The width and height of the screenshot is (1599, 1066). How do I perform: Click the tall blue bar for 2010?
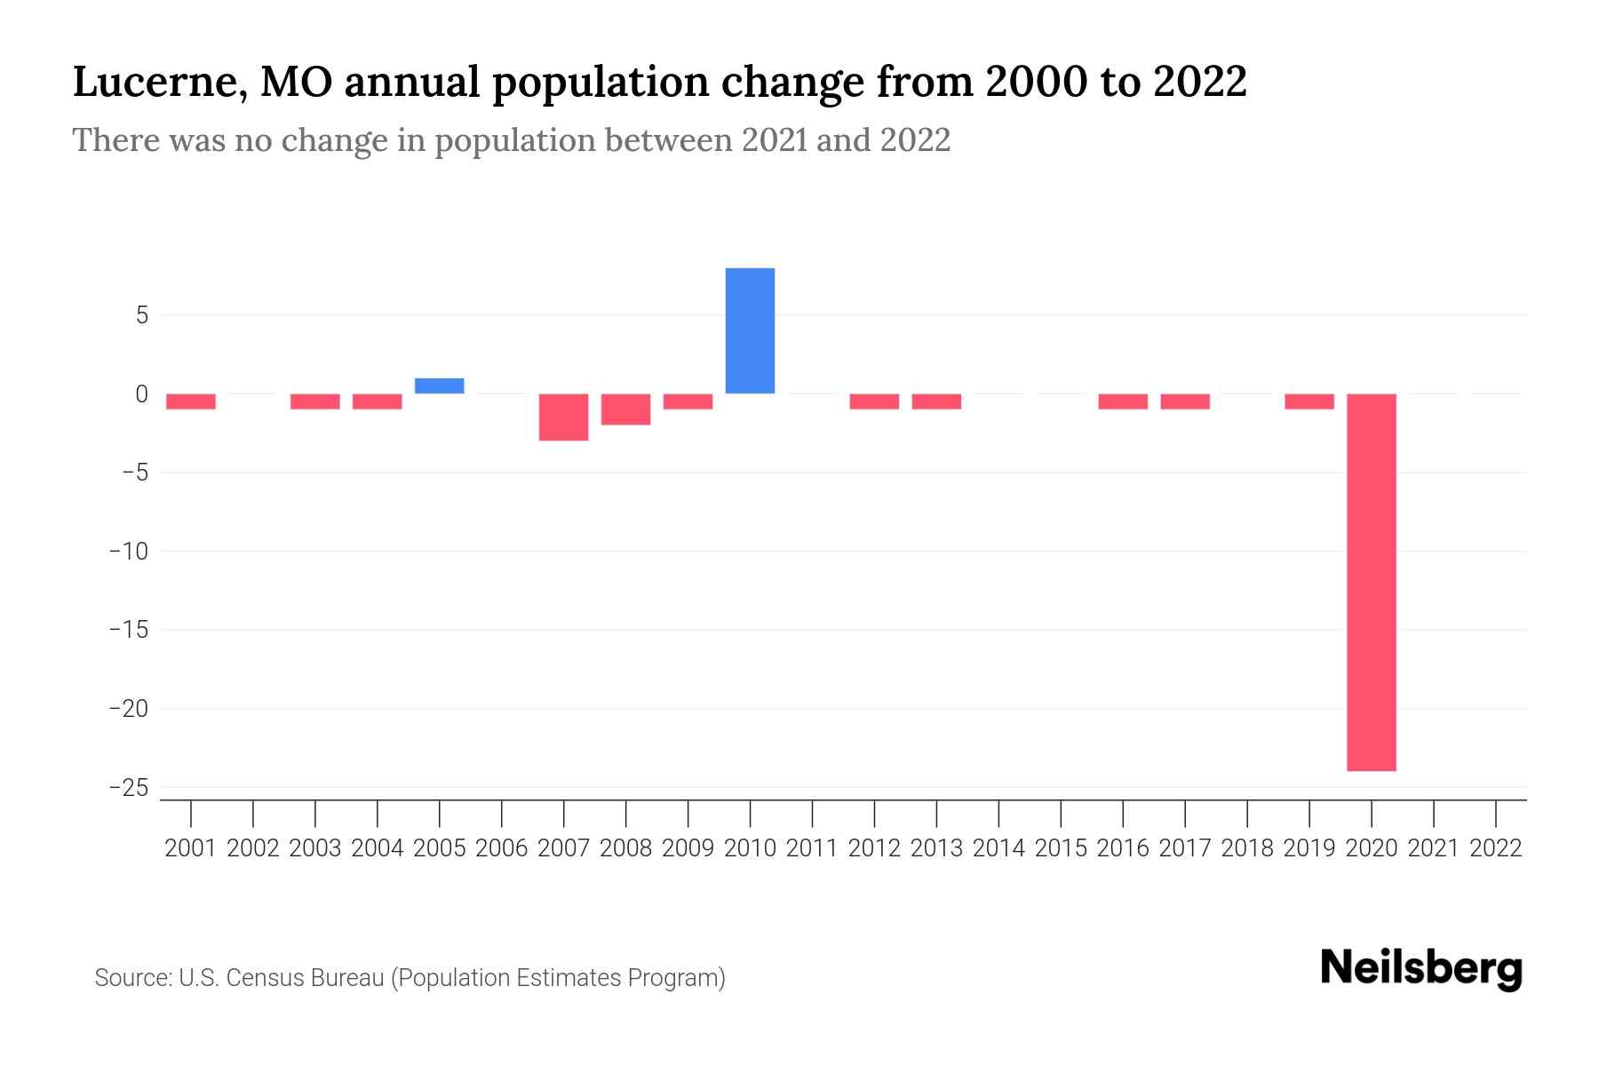point(750,330)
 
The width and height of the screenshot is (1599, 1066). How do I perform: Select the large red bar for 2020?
point(1372,582)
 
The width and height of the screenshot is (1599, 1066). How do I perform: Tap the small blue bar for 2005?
point(440,386)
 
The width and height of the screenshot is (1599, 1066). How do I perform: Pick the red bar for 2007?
point(564,417)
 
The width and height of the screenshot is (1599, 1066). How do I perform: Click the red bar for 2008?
point(626,410)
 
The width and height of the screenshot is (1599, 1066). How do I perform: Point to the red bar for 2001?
point(191,402)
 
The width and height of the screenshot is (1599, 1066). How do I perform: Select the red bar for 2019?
point(1309,402)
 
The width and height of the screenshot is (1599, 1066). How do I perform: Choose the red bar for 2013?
point(936,402)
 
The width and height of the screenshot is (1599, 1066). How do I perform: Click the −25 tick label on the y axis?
point(128,788)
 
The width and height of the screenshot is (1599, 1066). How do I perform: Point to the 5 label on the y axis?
point(142,315)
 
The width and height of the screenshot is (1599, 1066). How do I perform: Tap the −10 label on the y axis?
point(128,552)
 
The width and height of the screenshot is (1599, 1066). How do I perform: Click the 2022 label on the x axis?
point(1496,848)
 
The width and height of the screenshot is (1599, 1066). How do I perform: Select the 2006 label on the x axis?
point(502,848)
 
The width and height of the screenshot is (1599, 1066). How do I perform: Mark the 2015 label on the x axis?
point(1061,848)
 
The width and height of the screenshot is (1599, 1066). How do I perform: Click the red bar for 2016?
point(1123,402)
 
